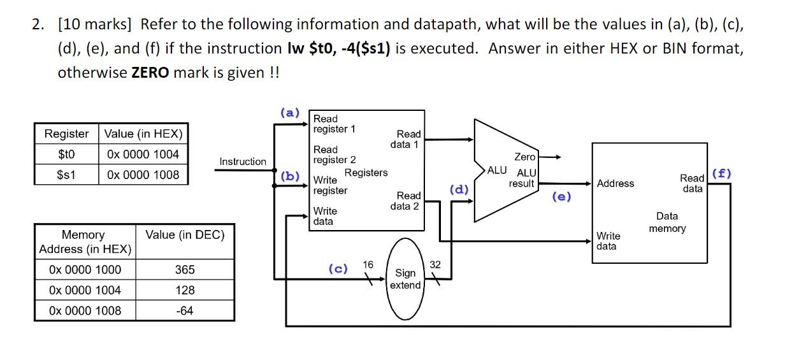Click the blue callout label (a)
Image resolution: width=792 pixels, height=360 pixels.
290,113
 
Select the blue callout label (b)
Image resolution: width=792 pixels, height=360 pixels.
290,176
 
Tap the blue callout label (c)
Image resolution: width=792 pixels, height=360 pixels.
338,268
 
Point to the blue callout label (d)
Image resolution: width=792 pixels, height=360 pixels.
459,189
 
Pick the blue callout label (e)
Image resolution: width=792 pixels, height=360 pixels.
561,196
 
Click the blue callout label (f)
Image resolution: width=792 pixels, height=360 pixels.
722,173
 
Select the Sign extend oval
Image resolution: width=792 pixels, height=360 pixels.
405,278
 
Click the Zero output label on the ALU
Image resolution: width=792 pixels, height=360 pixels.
524,157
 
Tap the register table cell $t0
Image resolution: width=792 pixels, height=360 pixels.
66,154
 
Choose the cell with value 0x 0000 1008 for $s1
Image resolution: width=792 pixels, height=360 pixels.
143,175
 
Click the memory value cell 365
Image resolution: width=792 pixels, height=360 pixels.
185,270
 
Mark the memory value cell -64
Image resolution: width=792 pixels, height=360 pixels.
185,310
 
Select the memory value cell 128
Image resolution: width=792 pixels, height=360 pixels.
185,290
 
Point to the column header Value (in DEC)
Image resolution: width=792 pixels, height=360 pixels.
185,235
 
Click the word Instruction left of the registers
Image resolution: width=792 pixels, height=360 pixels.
243,162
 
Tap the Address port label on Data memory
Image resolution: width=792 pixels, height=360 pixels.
616,184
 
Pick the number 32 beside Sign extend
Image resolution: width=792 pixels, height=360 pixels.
435,264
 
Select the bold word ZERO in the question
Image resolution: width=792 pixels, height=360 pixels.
150,72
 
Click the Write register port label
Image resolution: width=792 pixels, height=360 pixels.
330,185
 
